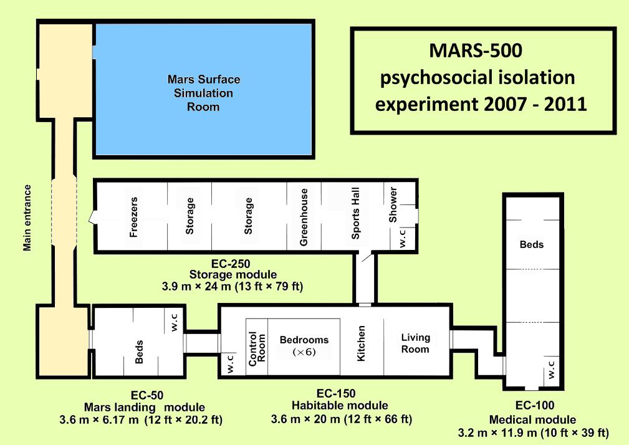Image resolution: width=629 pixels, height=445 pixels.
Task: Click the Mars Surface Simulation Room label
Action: point(203,93)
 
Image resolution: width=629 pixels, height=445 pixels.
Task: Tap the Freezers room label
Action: point(133,217)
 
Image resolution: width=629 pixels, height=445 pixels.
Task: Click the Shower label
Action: point(393,205)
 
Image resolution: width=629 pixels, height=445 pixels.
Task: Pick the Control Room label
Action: point(257,349)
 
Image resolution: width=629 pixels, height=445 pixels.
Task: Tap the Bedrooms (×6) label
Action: point(304,346)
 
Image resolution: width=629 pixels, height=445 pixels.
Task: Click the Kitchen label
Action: point(361,343)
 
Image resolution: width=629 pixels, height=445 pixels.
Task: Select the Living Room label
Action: point(415,343)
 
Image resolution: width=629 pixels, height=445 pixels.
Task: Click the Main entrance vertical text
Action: point(27,217)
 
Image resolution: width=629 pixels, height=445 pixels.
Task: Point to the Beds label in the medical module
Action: point(532,244)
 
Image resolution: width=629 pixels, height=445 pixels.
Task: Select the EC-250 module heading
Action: point(233,264)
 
